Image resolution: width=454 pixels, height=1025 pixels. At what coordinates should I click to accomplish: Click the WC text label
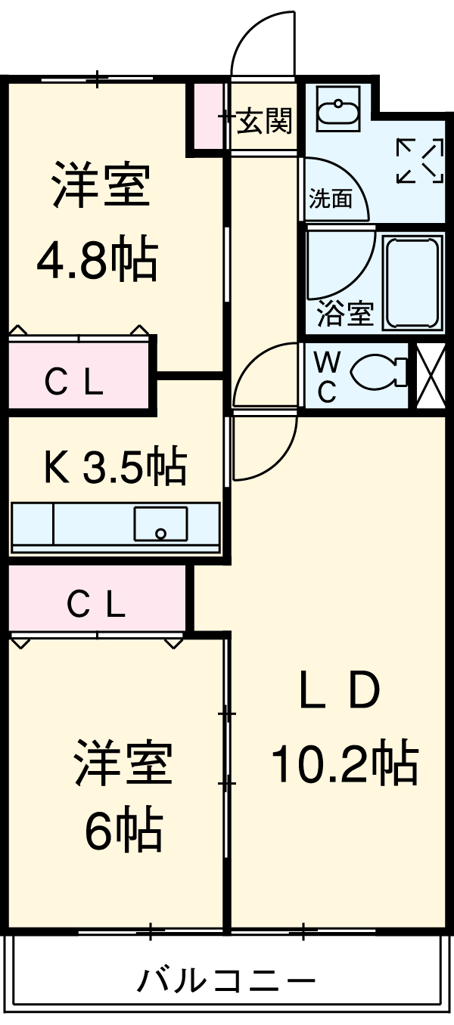(325, 376)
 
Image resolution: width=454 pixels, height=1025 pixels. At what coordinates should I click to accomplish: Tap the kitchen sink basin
(160, 523)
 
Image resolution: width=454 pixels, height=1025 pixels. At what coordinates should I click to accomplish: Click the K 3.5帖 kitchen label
(113, 467)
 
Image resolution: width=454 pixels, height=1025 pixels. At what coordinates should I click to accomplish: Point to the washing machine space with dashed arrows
(419, 160)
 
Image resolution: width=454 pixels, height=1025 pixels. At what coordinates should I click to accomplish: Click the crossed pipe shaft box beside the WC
(431, 375)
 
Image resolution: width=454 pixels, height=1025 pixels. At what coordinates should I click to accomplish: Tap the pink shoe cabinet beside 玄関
(206, 115)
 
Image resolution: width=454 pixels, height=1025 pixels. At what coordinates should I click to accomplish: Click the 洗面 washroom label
(331, 200)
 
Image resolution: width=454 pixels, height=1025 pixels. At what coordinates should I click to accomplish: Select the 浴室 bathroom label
(344, 314)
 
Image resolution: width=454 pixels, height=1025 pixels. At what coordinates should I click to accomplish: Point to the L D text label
(337, 692)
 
